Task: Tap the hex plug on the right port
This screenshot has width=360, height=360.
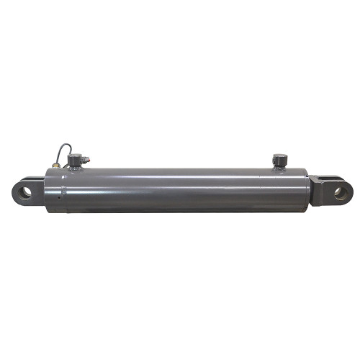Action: click(x=279, y=158)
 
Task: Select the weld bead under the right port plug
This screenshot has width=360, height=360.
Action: click(x=279, y=168)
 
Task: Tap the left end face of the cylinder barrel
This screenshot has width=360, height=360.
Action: click(x=47, y=191)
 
